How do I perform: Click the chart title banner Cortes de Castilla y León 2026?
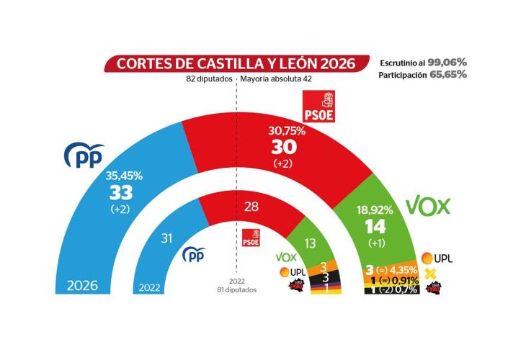231,63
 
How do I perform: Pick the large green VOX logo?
428,207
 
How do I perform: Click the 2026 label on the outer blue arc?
82,285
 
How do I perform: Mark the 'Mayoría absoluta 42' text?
276,81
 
